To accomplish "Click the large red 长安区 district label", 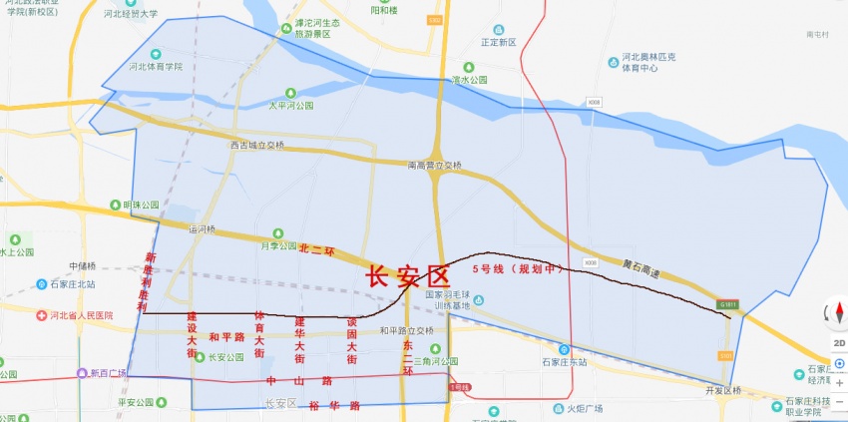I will tap(409, 276).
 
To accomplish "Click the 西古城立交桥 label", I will tap(257, 145).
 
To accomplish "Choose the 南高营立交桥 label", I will tap(435, 165).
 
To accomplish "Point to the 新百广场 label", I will tap(108, 373).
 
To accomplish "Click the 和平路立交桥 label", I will tap(406, 330).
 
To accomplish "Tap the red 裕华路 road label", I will tap(334, 406).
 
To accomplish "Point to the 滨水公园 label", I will tap(469, 80).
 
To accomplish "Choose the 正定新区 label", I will tap(499, 43).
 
